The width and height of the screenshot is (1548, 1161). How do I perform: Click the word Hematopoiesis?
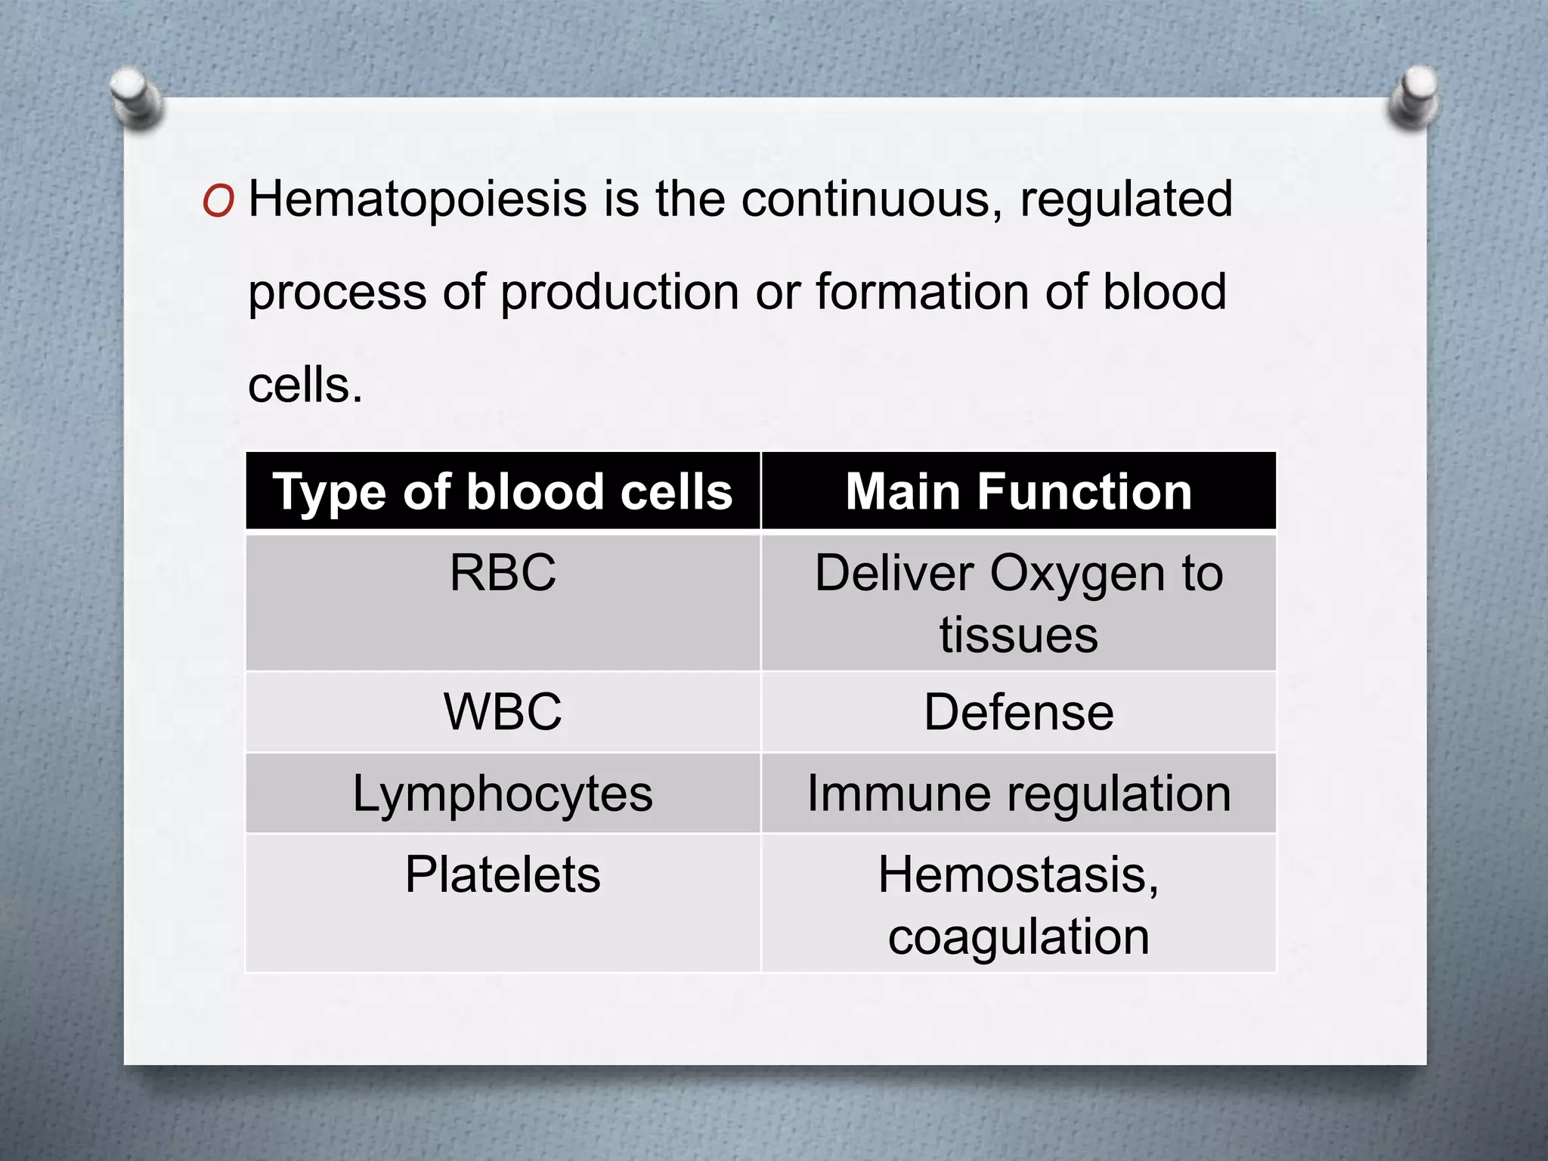pyautogui.click(x=417, y=200)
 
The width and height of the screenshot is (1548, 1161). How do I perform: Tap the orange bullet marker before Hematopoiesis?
pyautogui.click(x=218, y=202)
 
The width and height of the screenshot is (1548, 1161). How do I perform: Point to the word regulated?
pyautogui.click(x=1126, y=200)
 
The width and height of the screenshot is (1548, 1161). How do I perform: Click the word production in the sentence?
pyautogui.click(x=620, y=293)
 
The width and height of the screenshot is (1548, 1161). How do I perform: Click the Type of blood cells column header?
pyautogui.click(x=503, y=492)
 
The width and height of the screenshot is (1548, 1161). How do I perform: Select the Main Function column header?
pyautogui.click(x=1018, y=492)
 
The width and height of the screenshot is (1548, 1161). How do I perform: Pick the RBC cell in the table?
pyautogui.click(x=503, y=573)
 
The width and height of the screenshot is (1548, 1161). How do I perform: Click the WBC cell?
pyautogui.click(x=503, y=712)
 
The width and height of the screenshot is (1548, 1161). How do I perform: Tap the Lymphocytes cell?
pyautogui.click(x=503, y=794)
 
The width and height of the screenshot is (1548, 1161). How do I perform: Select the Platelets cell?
pyautogui.click(x=503, y=875)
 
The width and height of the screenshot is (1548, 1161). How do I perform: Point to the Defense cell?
pyautogui.click(x=1018, y=712)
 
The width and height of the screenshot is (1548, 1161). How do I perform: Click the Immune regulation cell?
pyautogui.click(x=1018, y=794)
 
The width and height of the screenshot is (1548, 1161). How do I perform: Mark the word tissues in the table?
pyautogui.click(x=1018, y=635)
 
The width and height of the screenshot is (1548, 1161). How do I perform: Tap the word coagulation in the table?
pyautogui.click(x=1018, y=937)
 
